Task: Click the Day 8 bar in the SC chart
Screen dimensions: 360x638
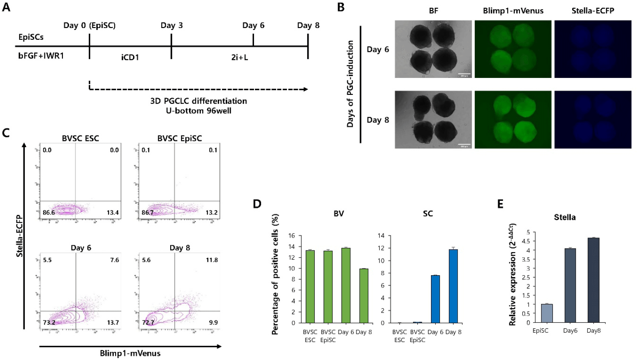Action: click(453, 286)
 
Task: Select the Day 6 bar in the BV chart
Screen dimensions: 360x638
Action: click(346, 285)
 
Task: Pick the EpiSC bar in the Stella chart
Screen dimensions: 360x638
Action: click(547, 313)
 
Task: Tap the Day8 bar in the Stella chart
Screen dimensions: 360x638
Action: click(593, 280)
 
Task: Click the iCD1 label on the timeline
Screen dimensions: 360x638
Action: click(130, 57)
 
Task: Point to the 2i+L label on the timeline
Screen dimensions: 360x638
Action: click(240, 57)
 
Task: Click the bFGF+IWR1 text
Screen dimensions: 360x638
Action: click(41, 56)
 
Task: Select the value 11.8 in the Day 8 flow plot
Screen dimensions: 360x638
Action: click(212, 260)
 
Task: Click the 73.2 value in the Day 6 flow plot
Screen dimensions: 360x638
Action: click(49, 322)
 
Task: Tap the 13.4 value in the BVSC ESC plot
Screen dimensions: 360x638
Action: click(112, 213)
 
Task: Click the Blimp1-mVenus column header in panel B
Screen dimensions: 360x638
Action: click(513, 11)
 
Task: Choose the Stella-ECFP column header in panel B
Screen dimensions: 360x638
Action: click(593, 11)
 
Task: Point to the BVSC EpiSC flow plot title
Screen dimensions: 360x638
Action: click(180, 138)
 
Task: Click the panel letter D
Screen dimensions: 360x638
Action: click(257, 204)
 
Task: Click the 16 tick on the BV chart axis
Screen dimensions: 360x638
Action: click(291, 235)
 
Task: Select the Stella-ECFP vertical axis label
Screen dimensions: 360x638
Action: click(20, 236)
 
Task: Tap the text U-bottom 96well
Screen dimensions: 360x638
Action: click(199, 111)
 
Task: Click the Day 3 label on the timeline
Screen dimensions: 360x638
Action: click(171, 25)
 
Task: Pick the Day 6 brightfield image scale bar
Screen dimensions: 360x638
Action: click(464, 74)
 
